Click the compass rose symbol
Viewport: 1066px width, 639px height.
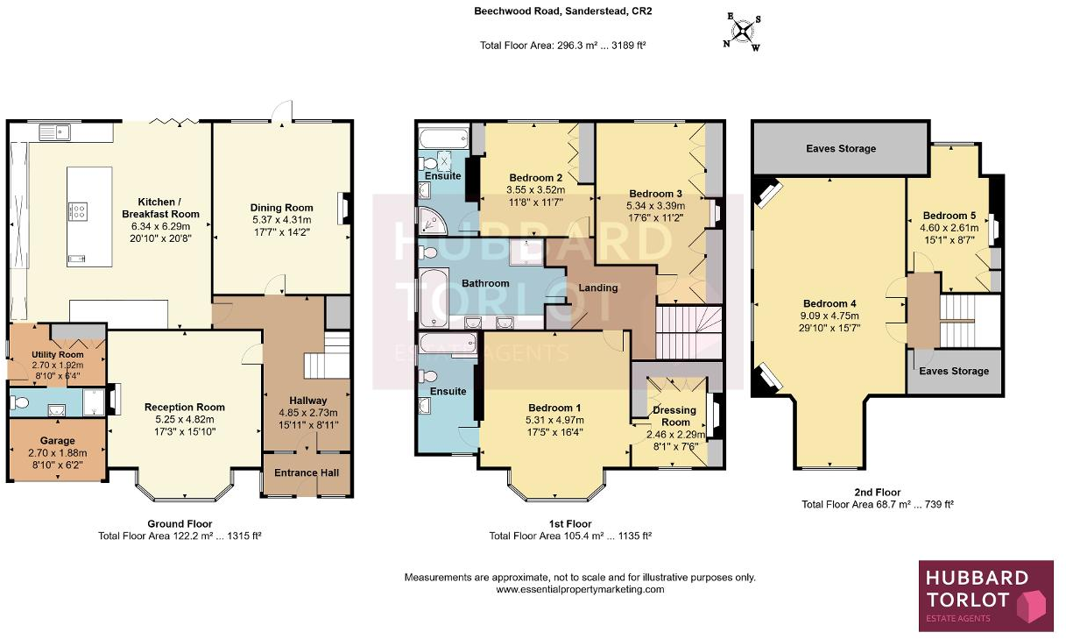pos(742,32)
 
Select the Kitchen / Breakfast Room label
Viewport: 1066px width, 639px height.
pos(160,207)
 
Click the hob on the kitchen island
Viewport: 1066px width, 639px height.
pos(77,210)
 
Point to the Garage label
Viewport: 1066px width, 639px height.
pos(57,441)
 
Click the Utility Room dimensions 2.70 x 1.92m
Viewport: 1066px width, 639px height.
pos(32,364)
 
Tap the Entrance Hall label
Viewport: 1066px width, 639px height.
pos(307,472)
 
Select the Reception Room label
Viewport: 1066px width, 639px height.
pos(185,407)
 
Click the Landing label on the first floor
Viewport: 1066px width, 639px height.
pos(598,288)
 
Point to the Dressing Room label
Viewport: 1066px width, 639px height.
pos(674,415)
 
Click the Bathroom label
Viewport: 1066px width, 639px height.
pos(485,283)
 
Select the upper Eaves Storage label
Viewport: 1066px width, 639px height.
pos(841,148)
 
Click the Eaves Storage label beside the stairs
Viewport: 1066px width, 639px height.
pos(954,371)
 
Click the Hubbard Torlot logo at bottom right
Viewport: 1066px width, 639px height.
pos(985,595)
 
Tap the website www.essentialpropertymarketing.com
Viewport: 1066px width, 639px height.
pos(580,590)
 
